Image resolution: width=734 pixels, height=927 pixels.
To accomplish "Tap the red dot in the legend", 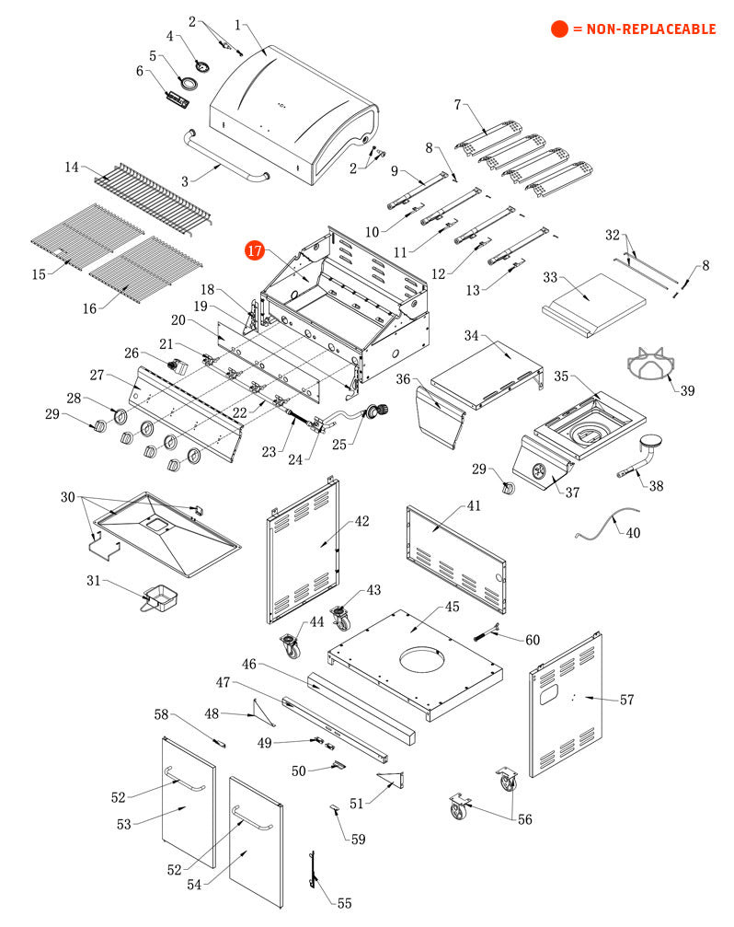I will coord(559,29).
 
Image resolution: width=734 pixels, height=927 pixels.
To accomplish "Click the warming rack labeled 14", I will coord(152,194).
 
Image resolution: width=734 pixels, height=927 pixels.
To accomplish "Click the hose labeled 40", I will coord(607,526).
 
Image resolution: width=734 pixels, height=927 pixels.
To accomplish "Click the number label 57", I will coord(626,701).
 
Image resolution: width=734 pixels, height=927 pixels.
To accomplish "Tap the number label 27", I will coord(97,375).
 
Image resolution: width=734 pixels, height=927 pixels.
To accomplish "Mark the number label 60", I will coord(533,640).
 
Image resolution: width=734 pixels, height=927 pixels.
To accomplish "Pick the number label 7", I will coord(457,104).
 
